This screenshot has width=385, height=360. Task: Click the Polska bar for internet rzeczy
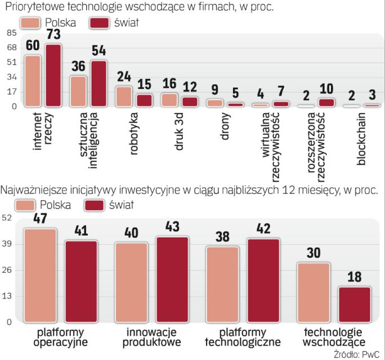[33, 80]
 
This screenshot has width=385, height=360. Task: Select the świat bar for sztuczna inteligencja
[99, 83]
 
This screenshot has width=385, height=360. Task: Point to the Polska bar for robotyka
[124, 96]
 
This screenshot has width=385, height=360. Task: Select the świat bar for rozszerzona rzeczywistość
[326, 102]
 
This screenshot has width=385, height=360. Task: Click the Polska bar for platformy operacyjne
[41, 275]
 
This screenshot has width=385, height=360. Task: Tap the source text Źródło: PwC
[356, 354]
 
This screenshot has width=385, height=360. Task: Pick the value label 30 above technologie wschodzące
[313, 253]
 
